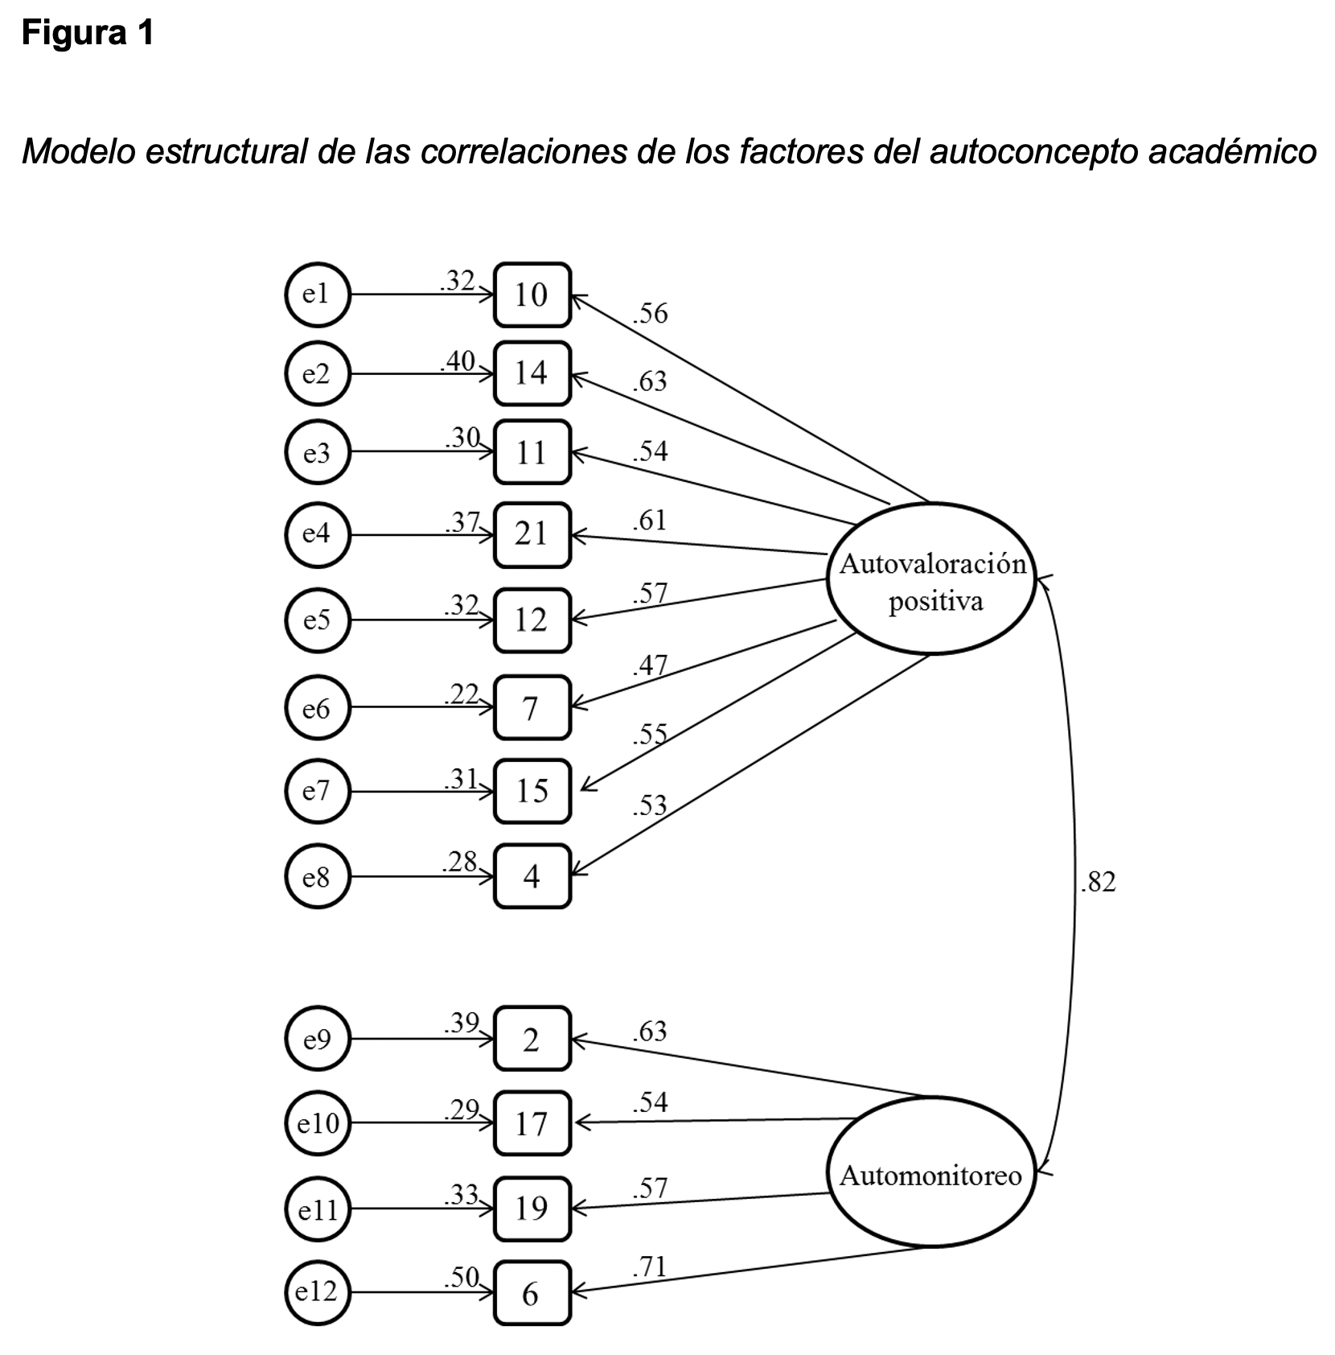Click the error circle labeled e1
(318, 295)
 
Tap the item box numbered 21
(532, 534)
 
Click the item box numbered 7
(532, 708)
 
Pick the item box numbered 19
(532, 1209)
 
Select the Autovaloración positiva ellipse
(931, 579)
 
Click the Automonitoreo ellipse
(931, 1176)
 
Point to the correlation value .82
(1099, 883)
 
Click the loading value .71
(650, 1267)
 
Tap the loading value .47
(650, 665)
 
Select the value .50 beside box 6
(462, 1277)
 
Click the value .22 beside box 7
(462, 694)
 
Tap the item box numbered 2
(532, 1040)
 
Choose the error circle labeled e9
(318, 1040)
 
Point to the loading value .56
(650, 313)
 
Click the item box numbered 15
(532, 791)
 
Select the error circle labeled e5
(318, 620)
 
